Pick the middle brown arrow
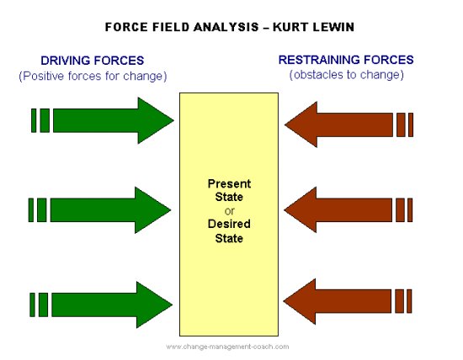click(x=345, y=209)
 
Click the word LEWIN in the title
click(x=334, y=26)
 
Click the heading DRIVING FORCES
click(x=93, y=61)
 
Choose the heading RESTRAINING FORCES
click(x=346, y=60)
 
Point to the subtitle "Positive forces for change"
click(x=93, y=77)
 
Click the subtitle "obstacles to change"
click(x=345, y=76)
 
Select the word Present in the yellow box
click(x=229, y=183)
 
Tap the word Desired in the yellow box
click(x=229, y=224)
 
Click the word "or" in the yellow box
click(x=229, y=210)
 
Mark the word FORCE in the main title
click(x=125, y=26)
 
